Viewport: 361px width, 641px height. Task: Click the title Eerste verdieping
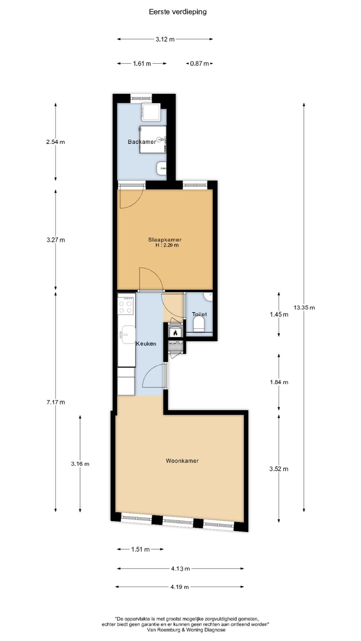tap(177, 12)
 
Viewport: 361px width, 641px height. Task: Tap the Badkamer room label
tap(142, 142)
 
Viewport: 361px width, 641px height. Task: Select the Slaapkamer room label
tap(165, 240)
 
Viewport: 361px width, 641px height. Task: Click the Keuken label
tap(146, 344)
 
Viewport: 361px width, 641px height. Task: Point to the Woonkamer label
tap(182, 461)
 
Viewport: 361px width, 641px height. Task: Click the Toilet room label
tap(199, 314)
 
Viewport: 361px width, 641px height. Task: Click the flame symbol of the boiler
tap(175, 333)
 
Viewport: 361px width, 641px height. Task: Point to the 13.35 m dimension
tap(304, 307)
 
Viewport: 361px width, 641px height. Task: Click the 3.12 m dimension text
tap(165, 39)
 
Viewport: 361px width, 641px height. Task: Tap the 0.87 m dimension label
tap(200, 63)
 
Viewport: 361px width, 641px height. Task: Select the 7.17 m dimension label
tap(55, 402)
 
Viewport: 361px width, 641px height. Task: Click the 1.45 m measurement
tap(279, 314)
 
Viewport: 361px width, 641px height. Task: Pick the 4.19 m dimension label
tap(180, 587)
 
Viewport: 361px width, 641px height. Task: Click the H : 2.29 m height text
tap(167, 245)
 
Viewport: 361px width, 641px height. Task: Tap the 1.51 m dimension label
tap(140, 549)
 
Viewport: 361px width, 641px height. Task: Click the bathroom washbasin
tap(161, 168)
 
